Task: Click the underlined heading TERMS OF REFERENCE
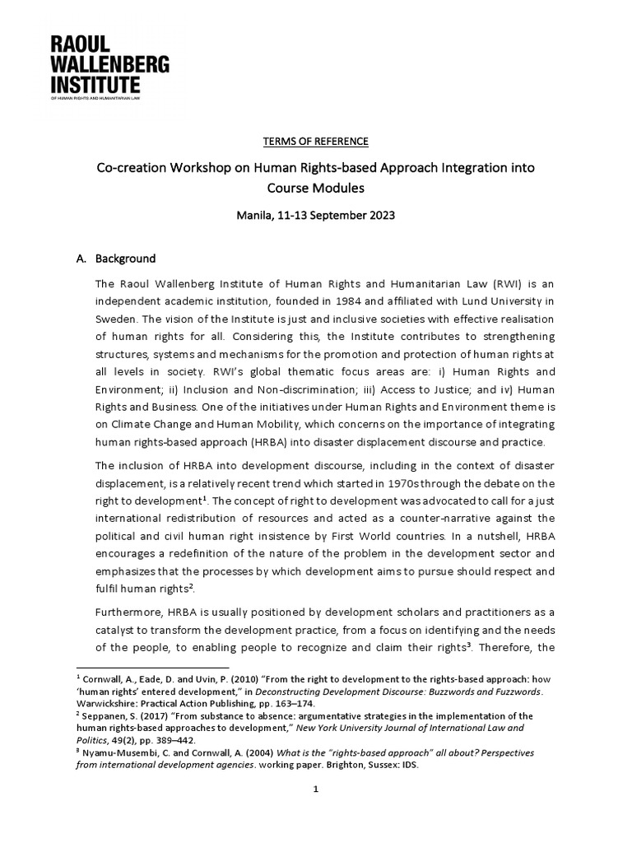coord(315,141)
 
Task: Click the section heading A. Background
coord(116,258)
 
